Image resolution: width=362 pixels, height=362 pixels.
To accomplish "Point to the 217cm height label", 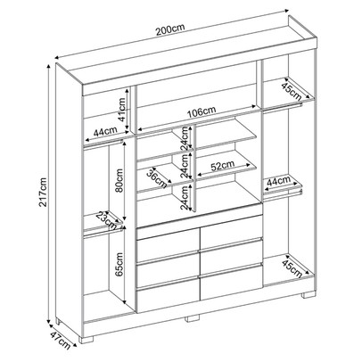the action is (44, 192).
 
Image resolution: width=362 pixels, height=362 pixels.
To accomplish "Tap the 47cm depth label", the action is (60, 341).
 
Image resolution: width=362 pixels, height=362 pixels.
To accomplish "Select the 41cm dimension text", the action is (122, 110).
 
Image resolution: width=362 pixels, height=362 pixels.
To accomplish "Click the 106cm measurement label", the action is (202, 111).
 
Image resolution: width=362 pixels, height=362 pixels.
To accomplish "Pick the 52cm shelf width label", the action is (223, 165).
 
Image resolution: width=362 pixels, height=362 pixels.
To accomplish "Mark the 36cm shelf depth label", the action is (157, 178).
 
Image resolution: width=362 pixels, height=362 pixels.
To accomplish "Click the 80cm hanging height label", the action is (119, 180).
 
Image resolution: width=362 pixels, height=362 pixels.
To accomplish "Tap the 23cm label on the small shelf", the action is (106, 220).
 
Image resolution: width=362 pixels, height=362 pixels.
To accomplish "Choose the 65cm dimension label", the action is (119, 265).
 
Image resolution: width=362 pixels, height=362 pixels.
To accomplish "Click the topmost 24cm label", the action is (185, 138).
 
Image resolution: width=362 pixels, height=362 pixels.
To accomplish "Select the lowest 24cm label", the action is (185, 197).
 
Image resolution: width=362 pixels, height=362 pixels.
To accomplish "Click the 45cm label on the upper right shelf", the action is (292, 90).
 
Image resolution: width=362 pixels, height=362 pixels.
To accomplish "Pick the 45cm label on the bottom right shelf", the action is (292, 268).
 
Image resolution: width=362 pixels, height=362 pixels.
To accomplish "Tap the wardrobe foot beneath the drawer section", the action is (192, 317).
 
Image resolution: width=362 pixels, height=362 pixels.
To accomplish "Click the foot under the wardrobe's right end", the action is (308, 295).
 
